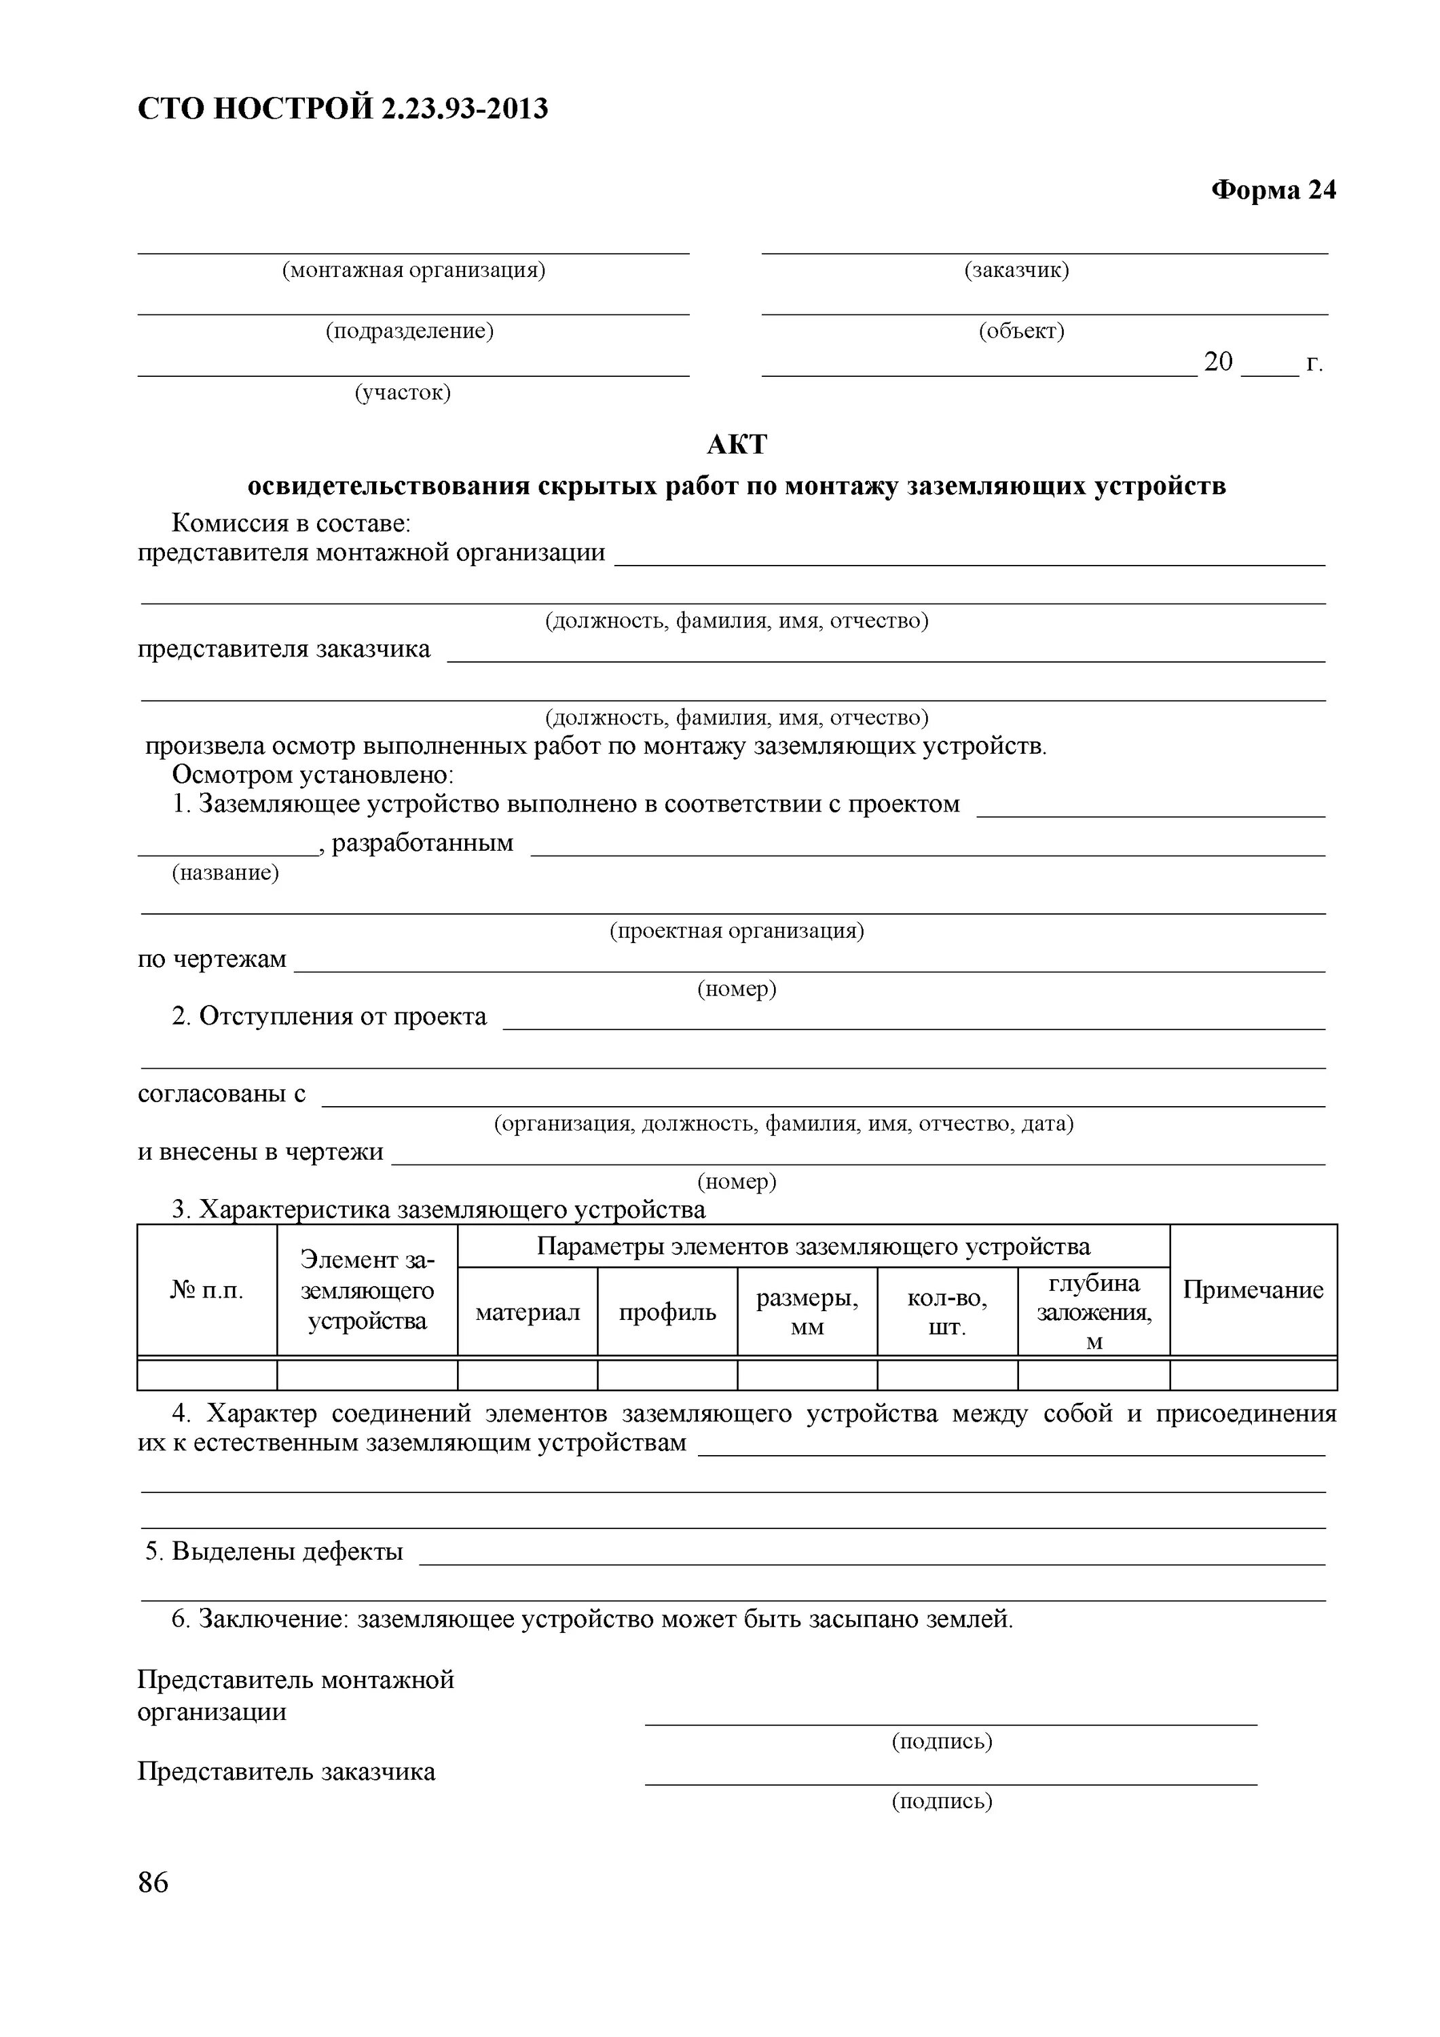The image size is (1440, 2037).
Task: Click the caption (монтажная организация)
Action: pyautogui.click(x=413, y=270)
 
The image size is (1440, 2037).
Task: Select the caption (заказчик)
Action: pyautogui.click(x=1017, y=270)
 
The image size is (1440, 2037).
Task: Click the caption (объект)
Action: pyautogui.click(x=1021, y=331)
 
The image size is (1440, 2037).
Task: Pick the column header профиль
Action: pyautogui.click(x=667, y=1312)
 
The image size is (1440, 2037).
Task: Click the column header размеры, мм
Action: pyautogui.click(x=807, y=1312)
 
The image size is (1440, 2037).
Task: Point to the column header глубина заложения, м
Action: pyautogui.click(x=1093, y=1312)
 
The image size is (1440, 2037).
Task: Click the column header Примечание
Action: pyautogui.click(x=1253, y=1290)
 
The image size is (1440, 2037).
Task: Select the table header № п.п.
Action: pyautogui.click(x=206, y=1290)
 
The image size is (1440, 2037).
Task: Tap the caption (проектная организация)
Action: pyautogui.click(x=737, y=931)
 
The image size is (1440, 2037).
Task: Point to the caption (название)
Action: pyautogui.click(x=225, y=873)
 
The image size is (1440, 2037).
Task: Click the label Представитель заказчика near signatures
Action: pyautogui.click(x=286, y=1772)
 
